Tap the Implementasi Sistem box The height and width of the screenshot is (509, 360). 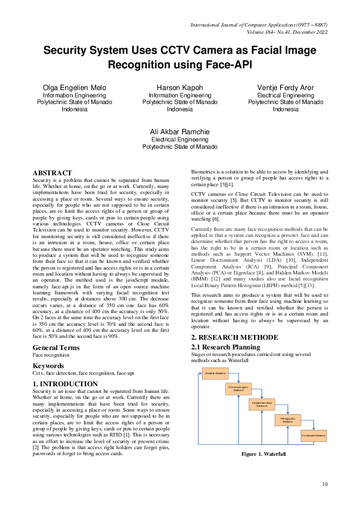tap(261, 404)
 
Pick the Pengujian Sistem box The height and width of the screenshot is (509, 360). tap(287, 420)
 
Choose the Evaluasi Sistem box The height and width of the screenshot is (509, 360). tap(313, 435)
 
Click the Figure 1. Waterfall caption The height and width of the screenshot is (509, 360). tap(263, 454)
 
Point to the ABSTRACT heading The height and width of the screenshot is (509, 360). tap(52, 173)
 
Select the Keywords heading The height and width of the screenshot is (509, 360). tap(48, 366)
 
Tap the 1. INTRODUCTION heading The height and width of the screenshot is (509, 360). tap(65, 383)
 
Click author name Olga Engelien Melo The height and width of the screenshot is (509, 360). tap(74, 88)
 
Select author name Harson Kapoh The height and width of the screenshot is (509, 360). tap(180, 88)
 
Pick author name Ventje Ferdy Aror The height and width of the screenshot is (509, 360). tap(286, 88)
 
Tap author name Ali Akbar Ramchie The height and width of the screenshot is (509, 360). tap(180, 132)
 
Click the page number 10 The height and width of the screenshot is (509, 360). tap(324, 484)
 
